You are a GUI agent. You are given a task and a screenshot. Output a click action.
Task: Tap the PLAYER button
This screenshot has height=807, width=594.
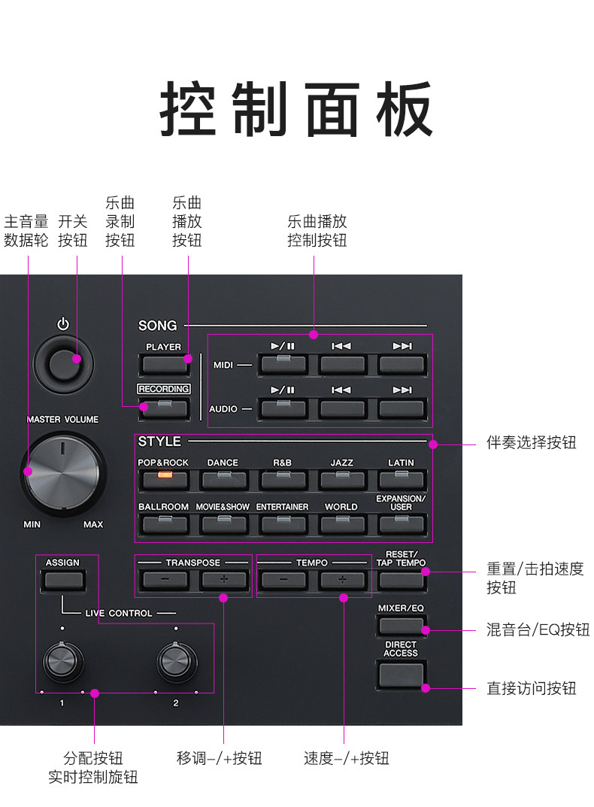coord(163,365)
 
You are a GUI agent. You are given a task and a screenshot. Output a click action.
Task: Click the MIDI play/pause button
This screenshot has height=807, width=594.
coord(282,365)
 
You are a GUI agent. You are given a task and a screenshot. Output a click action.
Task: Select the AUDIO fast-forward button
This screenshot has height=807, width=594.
coord(402,408)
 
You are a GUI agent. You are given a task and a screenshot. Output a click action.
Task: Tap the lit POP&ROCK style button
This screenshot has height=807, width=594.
coord(163,479)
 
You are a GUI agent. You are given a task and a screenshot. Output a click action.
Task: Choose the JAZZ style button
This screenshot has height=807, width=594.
coord(341,479)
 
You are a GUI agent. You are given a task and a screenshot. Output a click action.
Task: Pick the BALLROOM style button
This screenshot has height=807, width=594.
coord(163,523)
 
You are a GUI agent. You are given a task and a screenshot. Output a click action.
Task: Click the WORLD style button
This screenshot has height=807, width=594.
coord(341,523)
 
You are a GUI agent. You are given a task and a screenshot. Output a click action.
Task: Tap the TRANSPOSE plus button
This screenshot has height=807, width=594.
coord(223,580)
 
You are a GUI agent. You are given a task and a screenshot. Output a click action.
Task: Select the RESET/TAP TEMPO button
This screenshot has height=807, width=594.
coord(402,580)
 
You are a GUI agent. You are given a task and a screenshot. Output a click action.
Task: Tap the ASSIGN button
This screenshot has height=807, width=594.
coord(62,580)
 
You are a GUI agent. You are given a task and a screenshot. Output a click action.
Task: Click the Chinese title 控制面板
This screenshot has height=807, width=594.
coord(296,108)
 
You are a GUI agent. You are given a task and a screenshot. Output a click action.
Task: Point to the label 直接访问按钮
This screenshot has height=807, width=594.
coord(531,687)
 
